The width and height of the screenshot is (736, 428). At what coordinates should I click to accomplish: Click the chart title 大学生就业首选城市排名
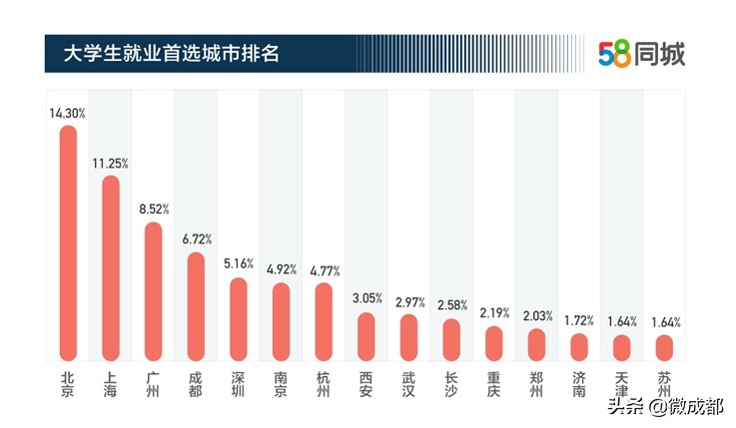[x=170, y=52]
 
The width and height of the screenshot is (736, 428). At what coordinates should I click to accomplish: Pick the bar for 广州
[x=153, y=290]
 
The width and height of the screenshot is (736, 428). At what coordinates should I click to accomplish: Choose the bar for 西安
[x=367, y=336]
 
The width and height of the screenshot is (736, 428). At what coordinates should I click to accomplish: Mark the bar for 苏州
[x=664, y=347]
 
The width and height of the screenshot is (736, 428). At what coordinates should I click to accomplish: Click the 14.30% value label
[x=68, y=114]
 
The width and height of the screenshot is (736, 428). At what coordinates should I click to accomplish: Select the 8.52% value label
[x=153, y=210]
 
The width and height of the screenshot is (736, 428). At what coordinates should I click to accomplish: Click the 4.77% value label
[x=324, y=271]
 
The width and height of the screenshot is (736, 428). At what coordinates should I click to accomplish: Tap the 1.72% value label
[x=579, y=321]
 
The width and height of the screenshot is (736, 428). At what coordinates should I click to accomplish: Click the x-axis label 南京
[x=281, y=385]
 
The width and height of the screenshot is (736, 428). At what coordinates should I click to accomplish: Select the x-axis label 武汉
[x=408, y=385]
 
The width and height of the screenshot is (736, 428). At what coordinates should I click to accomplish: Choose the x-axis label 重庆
[x=493, y=385]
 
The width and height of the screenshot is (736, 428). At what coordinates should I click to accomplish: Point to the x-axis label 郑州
[x=536, y=385]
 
